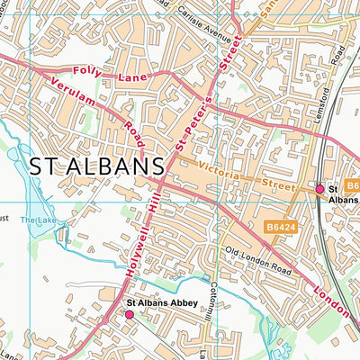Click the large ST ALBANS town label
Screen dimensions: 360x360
pyautogui.click(x=96, y=166)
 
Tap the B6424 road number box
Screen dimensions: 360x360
pyautogui.click(x=281, y=229)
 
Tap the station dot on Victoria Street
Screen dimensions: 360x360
pyautogui.click(x=319, y=189)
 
